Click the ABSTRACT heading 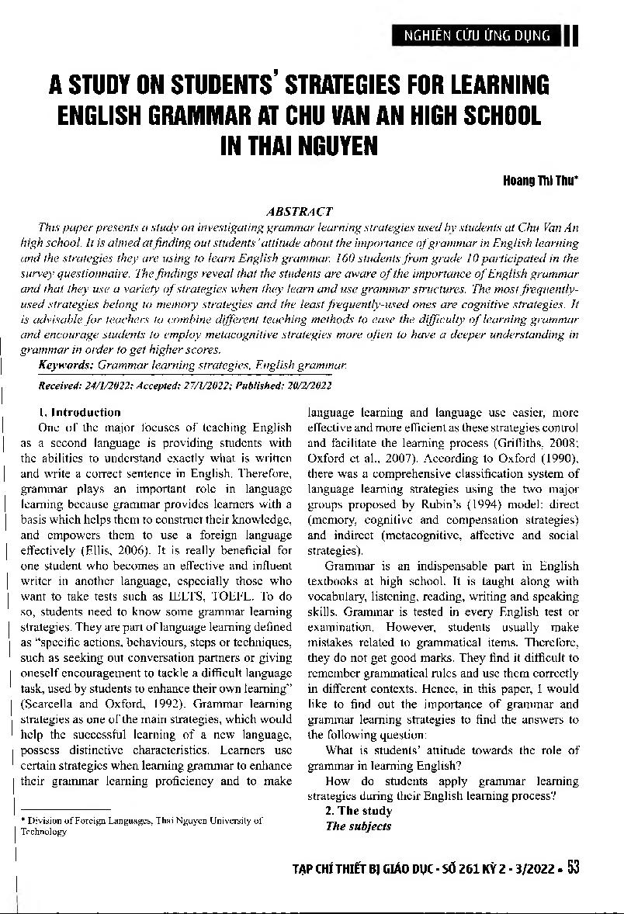299,211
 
